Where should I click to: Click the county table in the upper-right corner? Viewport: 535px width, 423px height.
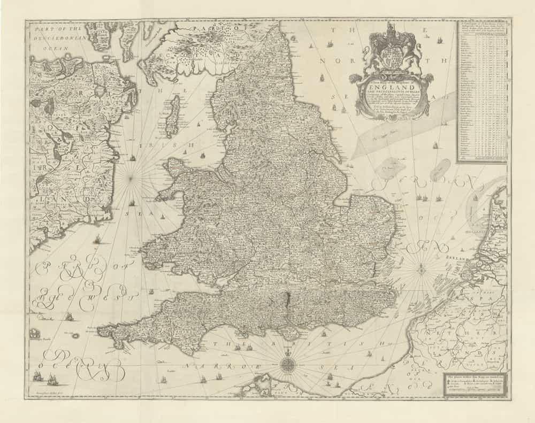click(x=482, y=91)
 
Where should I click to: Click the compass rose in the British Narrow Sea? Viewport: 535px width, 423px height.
click(x=288, y=366)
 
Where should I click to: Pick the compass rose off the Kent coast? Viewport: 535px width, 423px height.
click(x=421, y=269)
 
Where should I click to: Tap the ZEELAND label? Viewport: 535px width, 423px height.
click(x=455, y=258)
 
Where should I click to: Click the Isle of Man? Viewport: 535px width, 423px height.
click(x=172, y=117)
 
